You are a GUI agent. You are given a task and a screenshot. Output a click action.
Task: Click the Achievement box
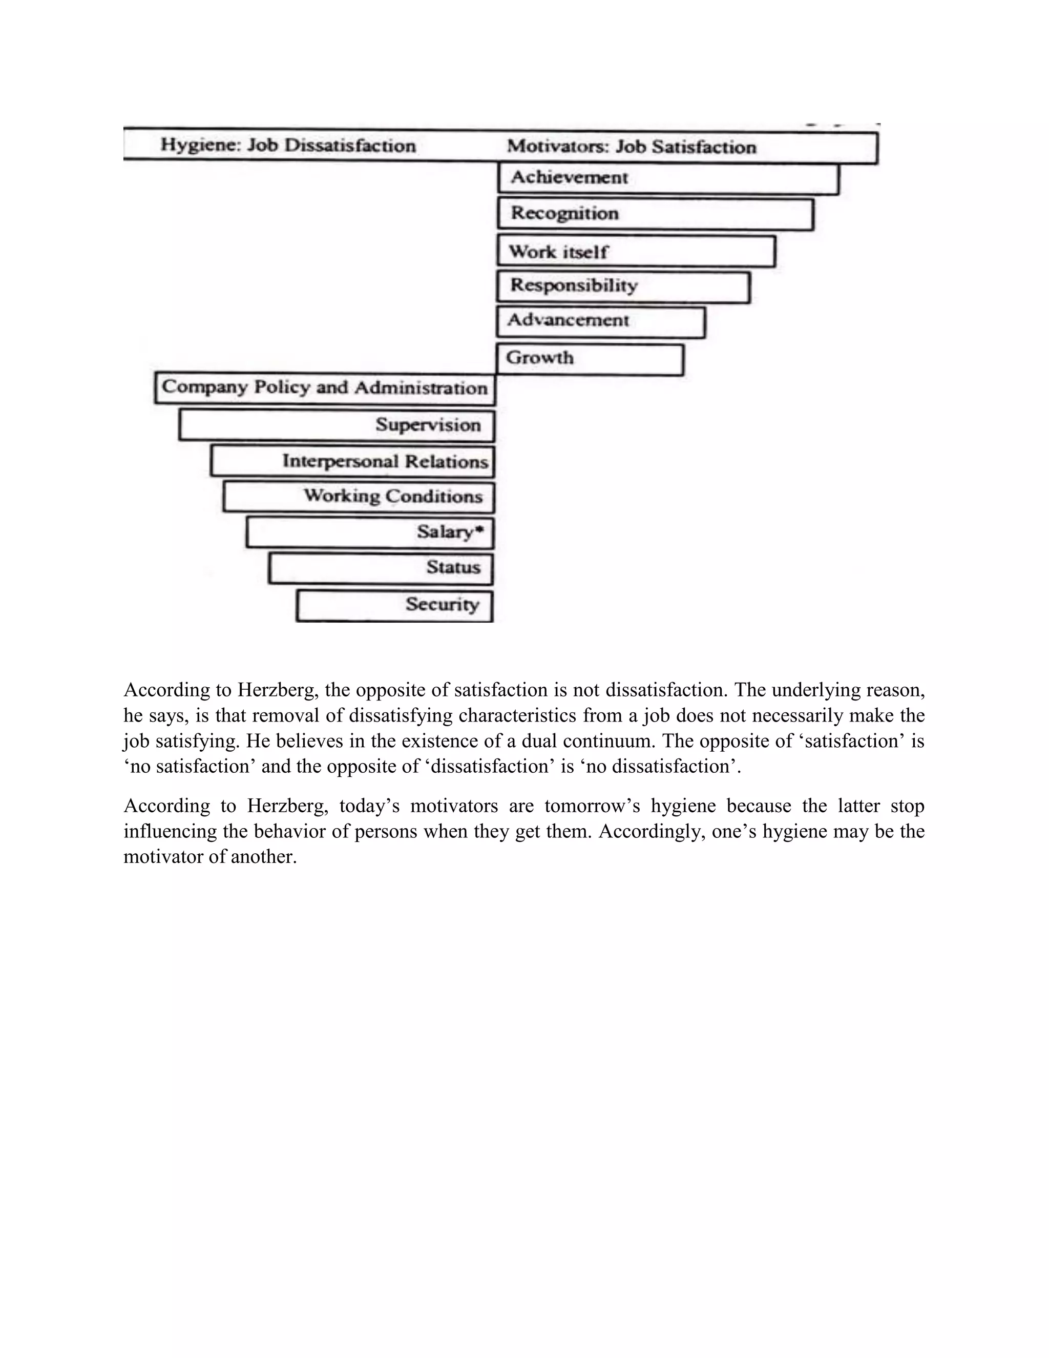pos(668,178)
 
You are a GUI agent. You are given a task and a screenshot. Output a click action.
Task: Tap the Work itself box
pos(636,251)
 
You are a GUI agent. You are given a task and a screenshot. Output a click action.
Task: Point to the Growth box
pos(591,359)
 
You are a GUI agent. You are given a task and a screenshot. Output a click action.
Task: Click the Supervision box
pos(337,425)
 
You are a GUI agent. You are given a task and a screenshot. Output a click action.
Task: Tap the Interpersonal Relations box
pos(352,461)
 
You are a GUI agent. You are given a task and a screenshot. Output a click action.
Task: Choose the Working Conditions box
pos(359,496)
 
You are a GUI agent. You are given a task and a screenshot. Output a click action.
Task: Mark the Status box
pos(381,568)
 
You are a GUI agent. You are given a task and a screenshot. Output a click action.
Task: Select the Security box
pos(394,605)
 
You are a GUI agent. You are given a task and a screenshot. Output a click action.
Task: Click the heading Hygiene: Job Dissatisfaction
pos(288,145)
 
